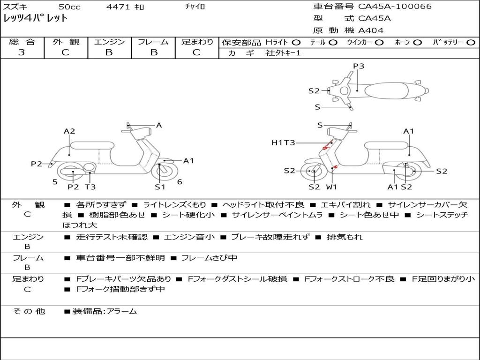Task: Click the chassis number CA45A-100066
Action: click(x=395, y=7)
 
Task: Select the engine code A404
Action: click(x=371, y=30)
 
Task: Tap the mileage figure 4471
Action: click(x=116, y=7)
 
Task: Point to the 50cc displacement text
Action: click(x=69, y=7)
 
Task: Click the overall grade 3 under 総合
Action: click(x=22, y=52)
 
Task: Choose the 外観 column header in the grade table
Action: click(x=65, y=42)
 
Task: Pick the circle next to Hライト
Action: click(x=296, y=42)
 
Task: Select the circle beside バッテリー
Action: click(x=471, y=42)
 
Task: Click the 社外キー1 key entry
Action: click(x=283, y=53)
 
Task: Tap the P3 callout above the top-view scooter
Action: click(x=359, y=66)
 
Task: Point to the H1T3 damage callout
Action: click(x=283, y=142)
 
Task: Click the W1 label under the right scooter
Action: click(x=331, y=187)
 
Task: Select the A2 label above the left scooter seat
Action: click(x=69, y=131)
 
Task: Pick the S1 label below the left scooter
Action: click(x=160, y=187)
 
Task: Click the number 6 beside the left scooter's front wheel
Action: click(x=180, y=182)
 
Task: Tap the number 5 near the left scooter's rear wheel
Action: click(x=55, y=182)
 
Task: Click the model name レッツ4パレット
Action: click(x=36, y=19)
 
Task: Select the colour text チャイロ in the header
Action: click(x=195, y=7)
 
